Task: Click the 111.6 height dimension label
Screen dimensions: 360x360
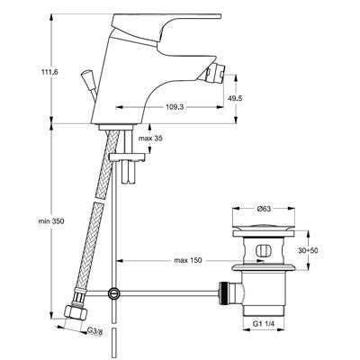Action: pos(49,72)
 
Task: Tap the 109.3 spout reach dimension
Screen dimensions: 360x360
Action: pos(175,107)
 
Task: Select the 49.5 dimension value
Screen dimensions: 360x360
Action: pos(235,98)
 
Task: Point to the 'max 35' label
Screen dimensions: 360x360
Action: pos(151,139)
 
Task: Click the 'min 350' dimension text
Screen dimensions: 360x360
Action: pos(51,221)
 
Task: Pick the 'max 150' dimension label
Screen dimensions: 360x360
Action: pos(188,260)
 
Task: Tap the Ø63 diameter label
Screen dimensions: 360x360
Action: pos(264,209)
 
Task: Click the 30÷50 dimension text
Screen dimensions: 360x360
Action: pos(309,250)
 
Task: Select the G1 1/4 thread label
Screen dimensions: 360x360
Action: pos(264,323)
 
